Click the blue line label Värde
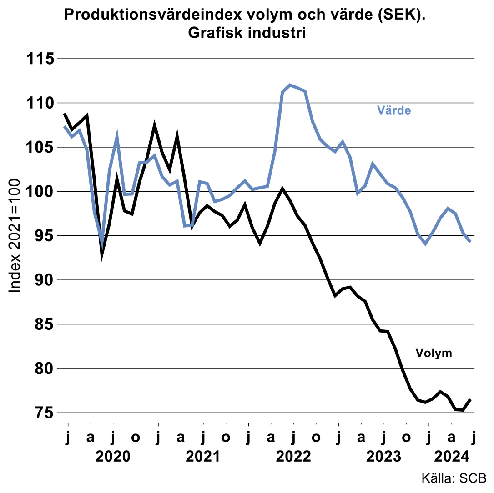pyautogui.click(x=394, y=110)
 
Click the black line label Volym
pyautogui.click(x=434, y=353)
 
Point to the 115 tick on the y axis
pyautogui.click(x=40, y=59)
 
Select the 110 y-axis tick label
pyautogui.click(x=40, y=103)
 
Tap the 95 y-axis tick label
pyautogui.click(x=45, y=236)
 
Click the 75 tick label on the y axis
pyautogui.click(x=45, y=413)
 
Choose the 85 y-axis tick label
pyautogui.click(x=45, y=324)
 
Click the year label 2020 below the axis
pyautogui.click(x=113, y=456)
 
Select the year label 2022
pyautogui.click(x=293, y=456)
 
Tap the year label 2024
pyautogui.click(x=451, y=456)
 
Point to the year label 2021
pyautogui.click(x=203, y=456)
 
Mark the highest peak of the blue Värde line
pyautogui.click(x=290, y=85)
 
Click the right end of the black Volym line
pyautogui.click(x=470, y=399)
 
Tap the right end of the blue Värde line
pyautogui.click(x=470, y=242)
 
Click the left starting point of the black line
pyautogui.click(x=65, y=114)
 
